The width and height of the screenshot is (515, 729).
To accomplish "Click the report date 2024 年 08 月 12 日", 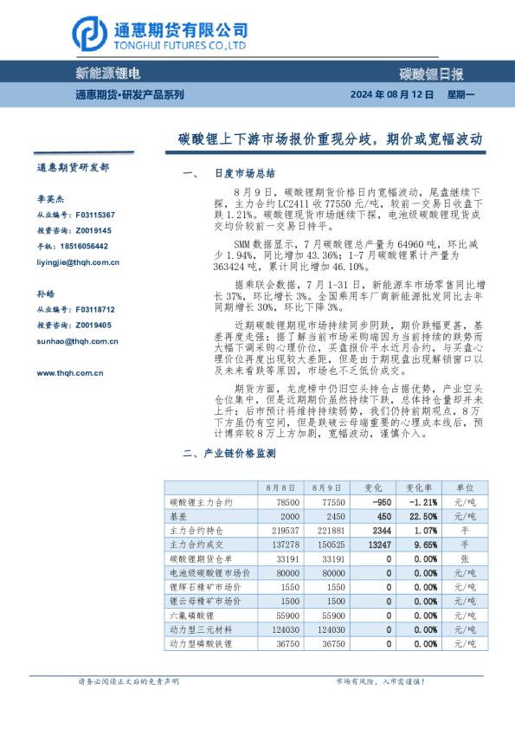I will [x=391, y=94].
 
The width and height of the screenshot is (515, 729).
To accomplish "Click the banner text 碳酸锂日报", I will [x=431, y=74].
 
